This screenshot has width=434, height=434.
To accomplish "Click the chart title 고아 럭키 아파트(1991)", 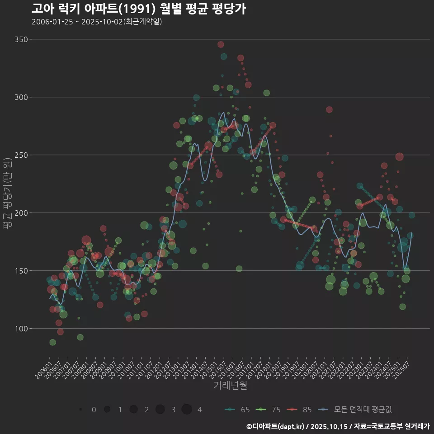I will [x=138, y=9].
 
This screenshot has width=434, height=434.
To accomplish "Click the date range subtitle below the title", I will [x=97, y=22].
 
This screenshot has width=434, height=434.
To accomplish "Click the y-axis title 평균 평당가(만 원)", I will [x=6, y=194].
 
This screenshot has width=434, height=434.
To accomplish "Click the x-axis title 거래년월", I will [x=230, y=386].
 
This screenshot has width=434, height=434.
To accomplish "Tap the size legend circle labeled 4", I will [x=187, y=410].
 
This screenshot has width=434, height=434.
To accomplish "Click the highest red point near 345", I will [x=221, y=44].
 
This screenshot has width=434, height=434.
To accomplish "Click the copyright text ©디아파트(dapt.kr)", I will [x=275, y=426].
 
